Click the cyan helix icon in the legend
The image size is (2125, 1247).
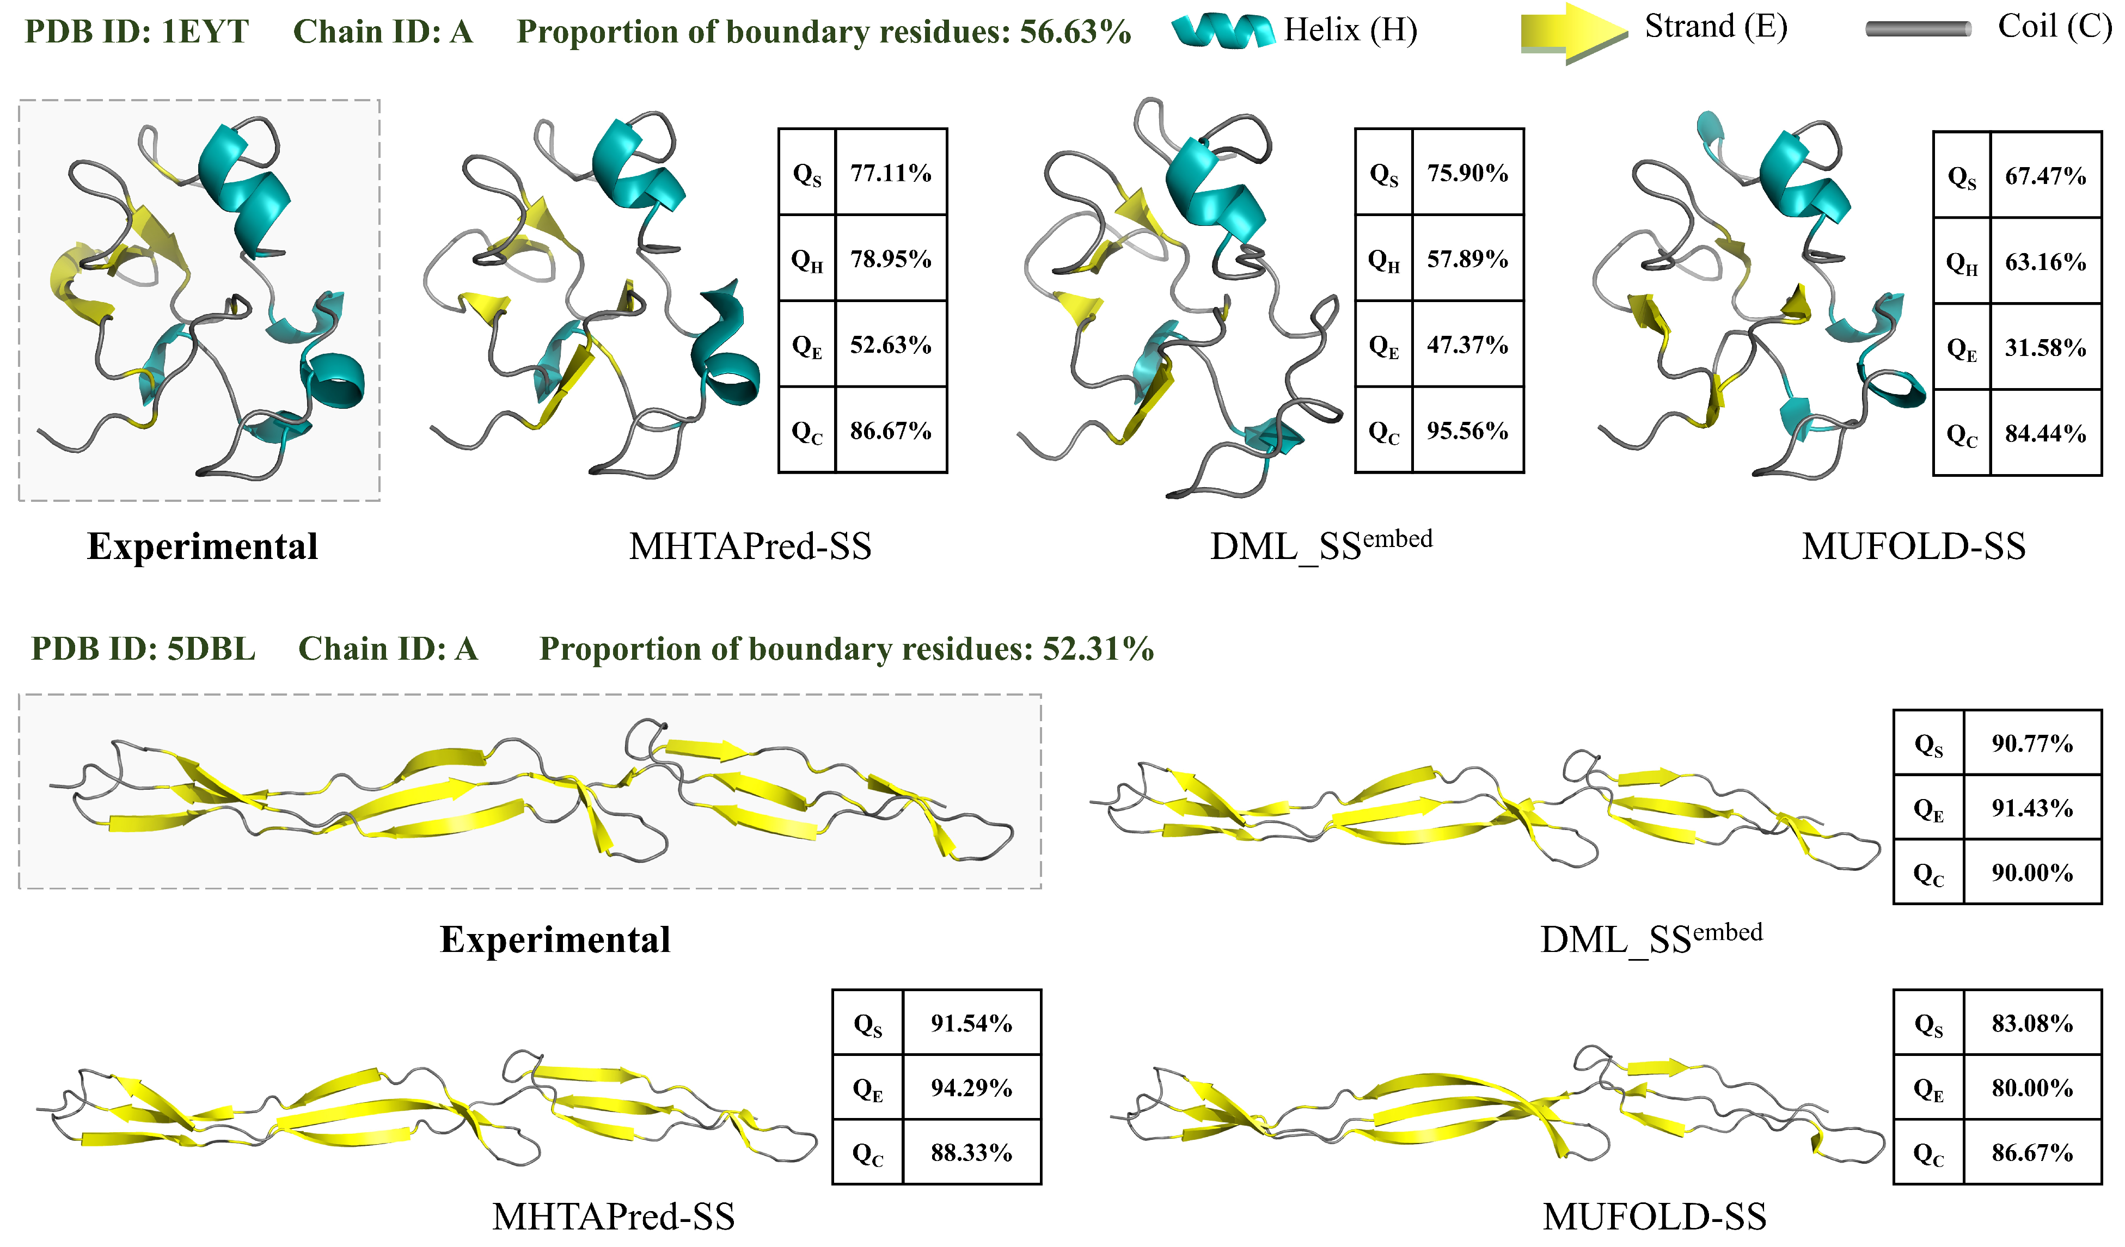1223,30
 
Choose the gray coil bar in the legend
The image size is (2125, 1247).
1919,29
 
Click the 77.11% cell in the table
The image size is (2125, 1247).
891,173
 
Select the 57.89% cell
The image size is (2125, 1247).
1467,259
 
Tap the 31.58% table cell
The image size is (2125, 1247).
2045,347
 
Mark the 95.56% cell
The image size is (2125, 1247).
1467,431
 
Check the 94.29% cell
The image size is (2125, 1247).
971,1088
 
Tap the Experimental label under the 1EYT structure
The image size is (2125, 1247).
203,546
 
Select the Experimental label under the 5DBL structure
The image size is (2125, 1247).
555,939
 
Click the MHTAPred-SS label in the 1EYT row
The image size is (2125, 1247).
750,546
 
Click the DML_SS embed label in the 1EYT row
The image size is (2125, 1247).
1320,546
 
